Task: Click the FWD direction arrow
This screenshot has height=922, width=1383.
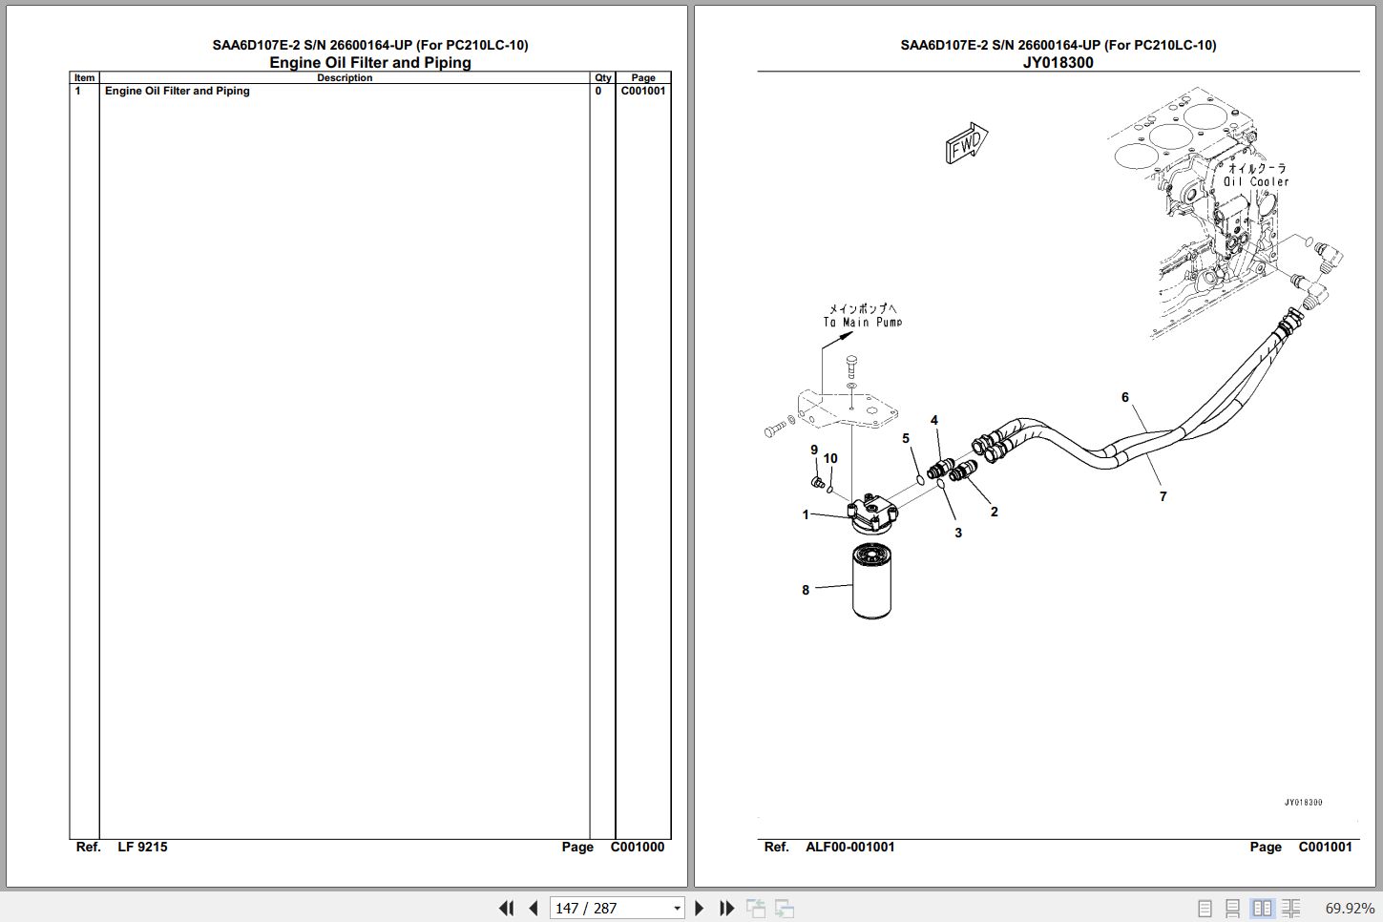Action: pyautogui.click(x=966, y=143)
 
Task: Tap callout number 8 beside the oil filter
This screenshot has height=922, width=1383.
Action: pyautogui.click(x=806, y=591)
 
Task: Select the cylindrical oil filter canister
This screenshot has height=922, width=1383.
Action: pyautogui.click(x=871, y=580)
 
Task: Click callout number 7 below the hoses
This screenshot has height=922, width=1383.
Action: pyautogui.click(x=1163, y=496)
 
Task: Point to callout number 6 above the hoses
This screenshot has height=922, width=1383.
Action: pyautogui.click(x=1125, y=398)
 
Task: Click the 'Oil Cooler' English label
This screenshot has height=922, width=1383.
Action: pyautogui.click(x=1256, y=181)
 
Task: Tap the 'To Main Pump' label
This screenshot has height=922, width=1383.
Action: pyautogui.click(x=863, y=322)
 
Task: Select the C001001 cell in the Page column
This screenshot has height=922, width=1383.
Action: pyautogui.click(x=642, y=91)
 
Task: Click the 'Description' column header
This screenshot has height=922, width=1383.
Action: pyautogui.click(x=345, y=78)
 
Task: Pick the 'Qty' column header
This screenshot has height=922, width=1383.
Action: pyautogui.click(x=602, y=78)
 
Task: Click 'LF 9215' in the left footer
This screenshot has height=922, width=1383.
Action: pyautogui.click(x=142, y=847)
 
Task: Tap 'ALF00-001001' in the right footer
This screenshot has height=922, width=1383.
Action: pyautogui.click(x=850, y=847)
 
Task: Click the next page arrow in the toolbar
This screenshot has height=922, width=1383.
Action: pyautogui.click(x=699, y=908)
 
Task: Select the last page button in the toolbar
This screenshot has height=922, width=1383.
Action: pyautogui.click(x=726, y=908)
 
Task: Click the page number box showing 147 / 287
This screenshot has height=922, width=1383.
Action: pyautogui.click(x=617, y=908)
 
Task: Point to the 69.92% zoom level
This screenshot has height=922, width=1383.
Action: pyautogui.click(x=1349, y=909)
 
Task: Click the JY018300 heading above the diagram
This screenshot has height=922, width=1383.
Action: pyautogui.click(x=1058, y=62)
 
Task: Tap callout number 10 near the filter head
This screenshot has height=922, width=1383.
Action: pyautogui.click(x=830, y=458)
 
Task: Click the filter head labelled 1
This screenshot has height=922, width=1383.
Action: pyautogui.click(x=873, y=513)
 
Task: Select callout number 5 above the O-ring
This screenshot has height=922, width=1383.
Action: pyautogui.click(x=906, y=438)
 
